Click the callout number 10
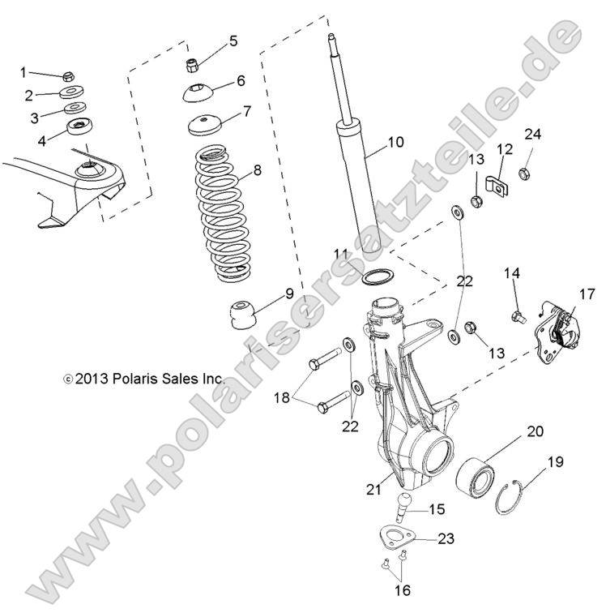[395, 143]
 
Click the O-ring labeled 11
[378, 276]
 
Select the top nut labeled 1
[70, 76]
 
